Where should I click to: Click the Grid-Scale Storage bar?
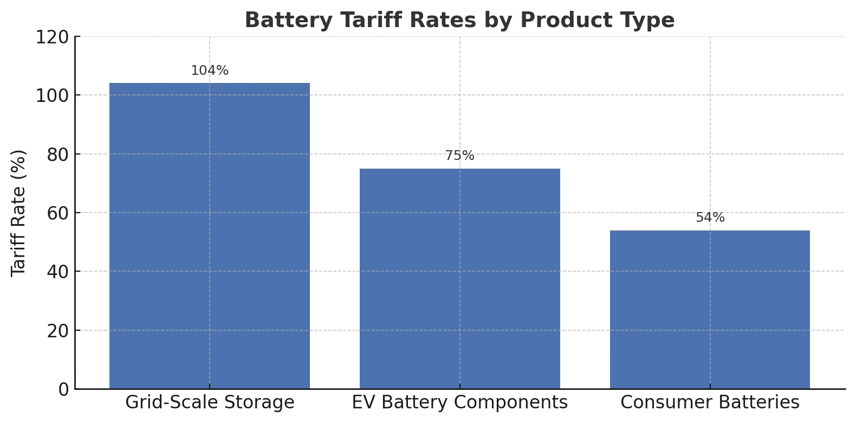tap(210, 236)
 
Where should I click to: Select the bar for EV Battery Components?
tap(459, 279)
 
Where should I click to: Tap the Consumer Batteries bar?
tap(710, 310)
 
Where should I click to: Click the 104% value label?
tap(210, 71)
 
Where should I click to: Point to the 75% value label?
tap(459, 156)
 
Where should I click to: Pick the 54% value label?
tap(710, 218)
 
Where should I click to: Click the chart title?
tap(459, 21)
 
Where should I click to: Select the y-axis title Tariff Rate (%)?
tap(18, 213)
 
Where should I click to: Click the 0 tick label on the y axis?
tap(63, 389)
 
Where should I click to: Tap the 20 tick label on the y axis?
tap(58, 331)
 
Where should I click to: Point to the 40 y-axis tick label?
tap(58, 272)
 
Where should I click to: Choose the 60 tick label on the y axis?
tap(58, 213)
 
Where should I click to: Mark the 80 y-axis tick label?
tap(58, 155)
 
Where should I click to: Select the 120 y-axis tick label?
tap(53, 37)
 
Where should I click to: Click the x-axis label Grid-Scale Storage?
tap(210, 403)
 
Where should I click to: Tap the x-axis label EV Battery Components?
tap(459, 403)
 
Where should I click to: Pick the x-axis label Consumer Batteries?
tap(710, 403)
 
